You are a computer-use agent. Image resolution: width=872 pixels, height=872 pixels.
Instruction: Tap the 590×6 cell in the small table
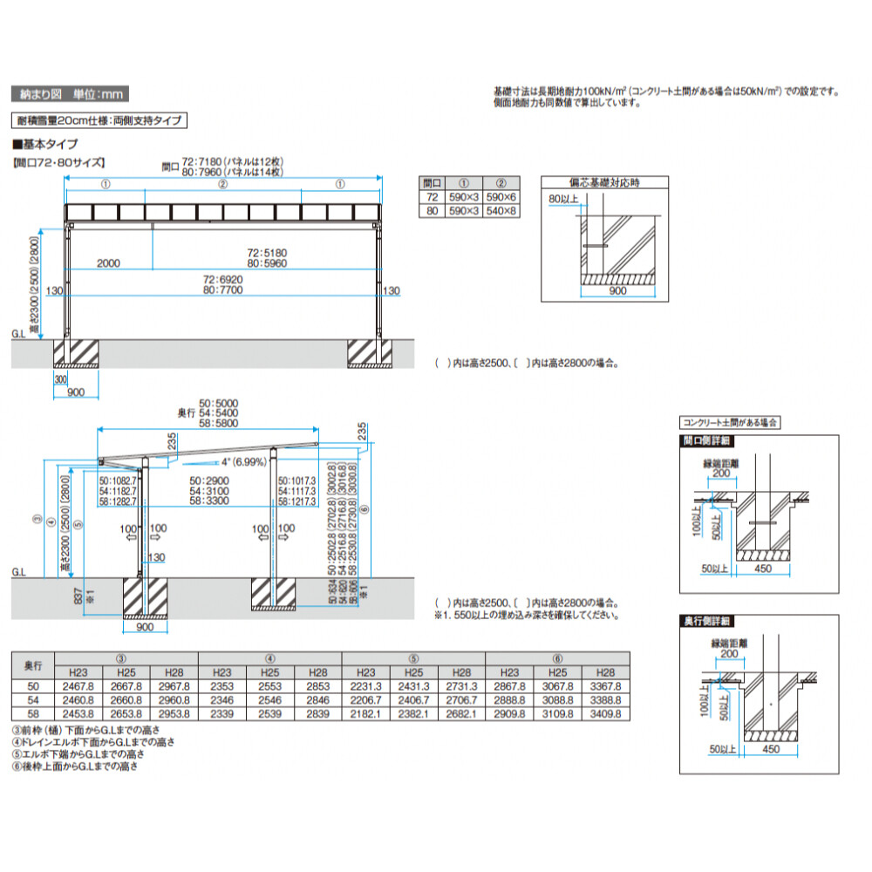pos(501,198)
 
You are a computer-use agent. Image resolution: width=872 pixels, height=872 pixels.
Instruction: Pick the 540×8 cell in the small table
pos(501,212)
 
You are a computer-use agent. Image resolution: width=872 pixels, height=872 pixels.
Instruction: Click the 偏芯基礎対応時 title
pos(604,183)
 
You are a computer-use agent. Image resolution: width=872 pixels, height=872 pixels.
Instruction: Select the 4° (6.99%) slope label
pos(245,461)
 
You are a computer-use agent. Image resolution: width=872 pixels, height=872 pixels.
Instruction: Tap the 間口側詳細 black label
pos(706,441)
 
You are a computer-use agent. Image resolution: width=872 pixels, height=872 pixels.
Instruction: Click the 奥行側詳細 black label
pos(706,621)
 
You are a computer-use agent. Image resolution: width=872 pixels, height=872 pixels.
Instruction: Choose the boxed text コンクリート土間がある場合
pos(730,422)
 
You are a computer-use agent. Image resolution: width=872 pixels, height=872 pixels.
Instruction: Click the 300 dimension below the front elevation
pos(60,380)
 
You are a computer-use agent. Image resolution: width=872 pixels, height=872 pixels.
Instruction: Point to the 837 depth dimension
pos(80,596)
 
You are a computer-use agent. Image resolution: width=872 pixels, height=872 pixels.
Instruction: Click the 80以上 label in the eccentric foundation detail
pos(563,200)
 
